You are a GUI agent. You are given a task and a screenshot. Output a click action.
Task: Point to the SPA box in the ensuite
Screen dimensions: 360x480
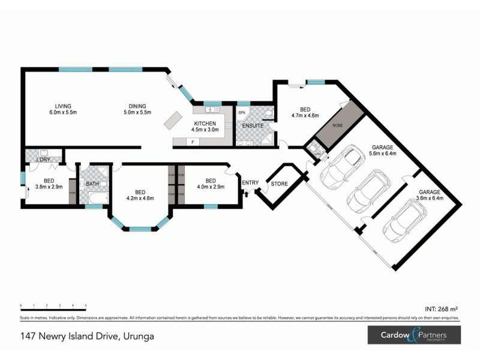pyautogui.click(x=242, y=113)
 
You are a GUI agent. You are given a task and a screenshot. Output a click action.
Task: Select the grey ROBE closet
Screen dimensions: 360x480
pyautogui.click(x=340, y=124)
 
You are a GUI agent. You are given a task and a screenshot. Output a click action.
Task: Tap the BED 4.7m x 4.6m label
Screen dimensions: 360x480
pyautogui.click(x=305, y=113)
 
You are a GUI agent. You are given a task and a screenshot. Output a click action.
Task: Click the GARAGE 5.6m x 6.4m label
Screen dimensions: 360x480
pyautogui.click(x=383, y=149)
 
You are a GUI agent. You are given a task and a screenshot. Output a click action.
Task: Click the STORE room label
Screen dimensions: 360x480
pyautogui.click(x=280, y=184)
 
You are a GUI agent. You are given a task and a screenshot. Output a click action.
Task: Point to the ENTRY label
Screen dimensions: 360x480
pyautogui.click(x=250, y=183)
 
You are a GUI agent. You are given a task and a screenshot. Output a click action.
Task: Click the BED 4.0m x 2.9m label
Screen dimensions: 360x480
pyautogui.click(x=210, y=184)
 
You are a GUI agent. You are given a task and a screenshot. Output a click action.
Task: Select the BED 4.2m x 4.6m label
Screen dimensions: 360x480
pyautogui.click(x=140, y=195)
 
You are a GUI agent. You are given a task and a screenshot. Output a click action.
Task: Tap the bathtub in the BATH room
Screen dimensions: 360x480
pyautogui.click(x=92, y=197)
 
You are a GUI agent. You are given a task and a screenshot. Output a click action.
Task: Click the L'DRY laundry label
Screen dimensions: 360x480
pyautogui.click(x=43, y=160)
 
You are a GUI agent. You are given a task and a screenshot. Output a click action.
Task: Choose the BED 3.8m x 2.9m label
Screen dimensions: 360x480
pyautogui.click(x=49, y=184)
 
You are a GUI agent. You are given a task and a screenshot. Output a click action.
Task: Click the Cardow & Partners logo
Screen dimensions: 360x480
pyautogui.click(x=414, y=335)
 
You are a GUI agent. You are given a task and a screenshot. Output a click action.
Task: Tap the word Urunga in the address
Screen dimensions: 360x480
pyautogui.click(x=139, y=336)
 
